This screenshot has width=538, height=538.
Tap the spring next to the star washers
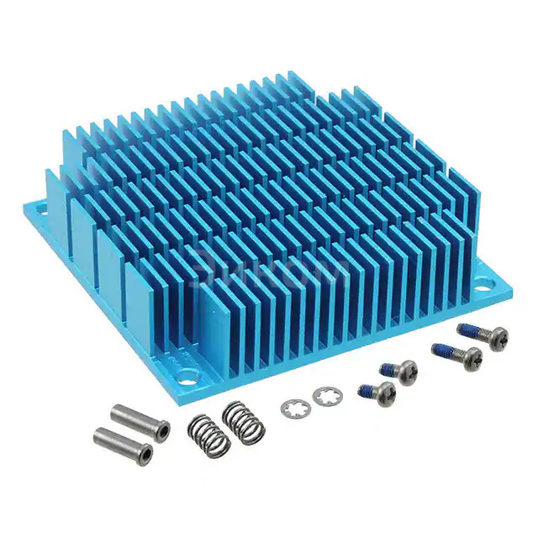[x=243, y=421]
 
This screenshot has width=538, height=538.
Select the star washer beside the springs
[x=295, y=409]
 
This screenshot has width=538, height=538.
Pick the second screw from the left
[x=398, y=371]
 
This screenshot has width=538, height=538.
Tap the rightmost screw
[x=483, y=334]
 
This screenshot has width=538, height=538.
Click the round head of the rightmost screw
[x=496, y=336]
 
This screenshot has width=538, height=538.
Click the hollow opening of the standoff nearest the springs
[x=161, y=430]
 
